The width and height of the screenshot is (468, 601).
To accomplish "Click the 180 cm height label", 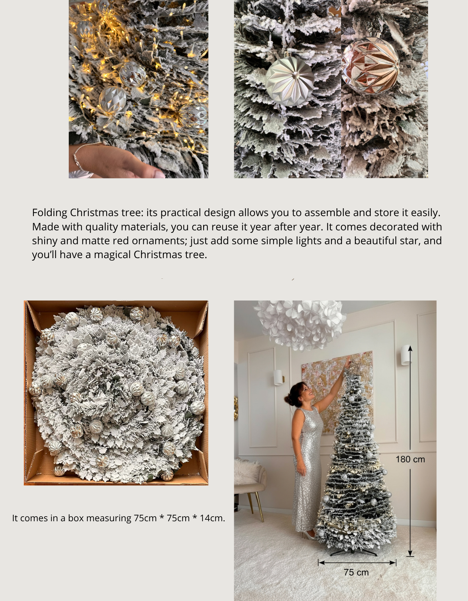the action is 410,459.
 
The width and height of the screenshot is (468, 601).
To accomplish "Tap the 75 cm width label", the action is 356,573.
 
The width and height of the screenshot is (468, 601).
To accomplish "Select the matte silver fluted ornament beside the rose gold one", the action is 290,82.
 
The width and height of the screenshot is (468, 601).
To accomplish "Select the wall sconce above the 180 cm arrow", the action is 405,355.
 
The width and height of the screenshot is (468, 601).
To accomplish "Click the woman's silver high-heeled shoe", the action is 309,534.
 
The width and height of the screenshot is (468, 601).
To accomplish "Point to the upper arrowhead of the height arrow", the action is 410,348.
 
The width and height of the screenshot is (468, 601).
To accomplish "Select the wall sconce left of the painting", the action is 278,377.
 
